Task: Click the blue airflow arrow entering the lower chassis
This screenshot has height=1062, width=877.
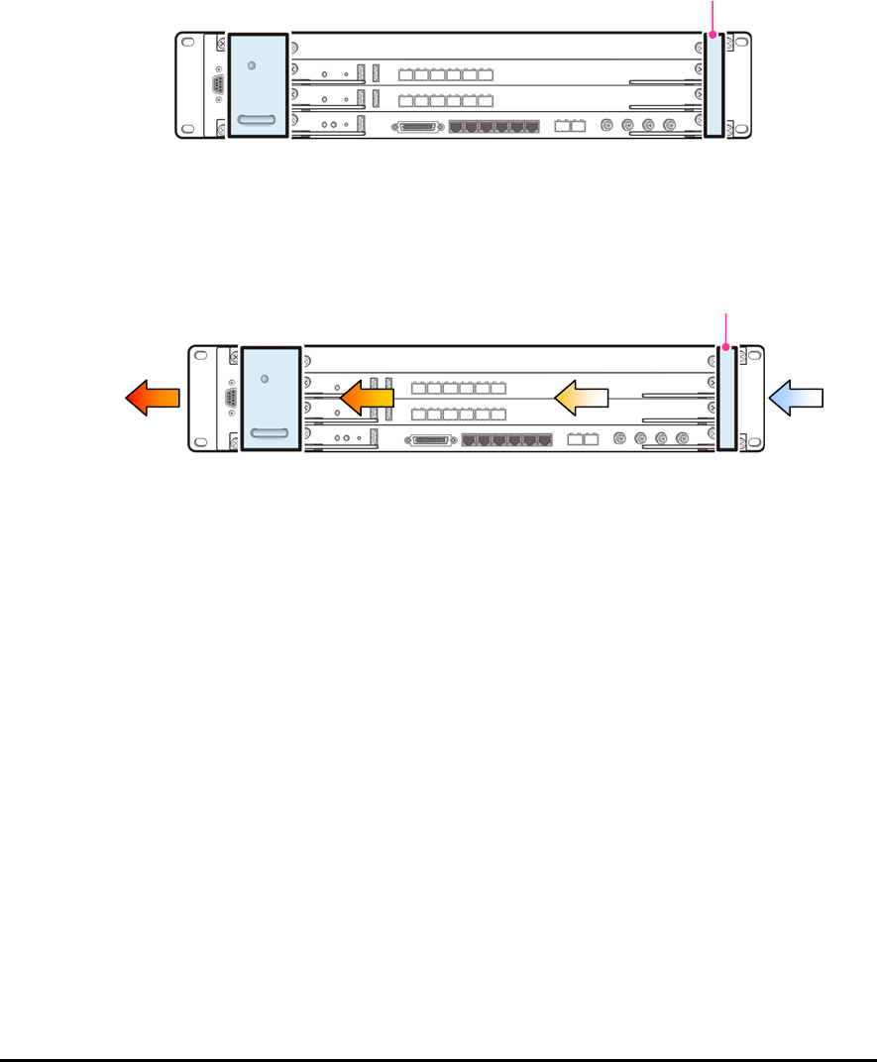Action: point(797,398)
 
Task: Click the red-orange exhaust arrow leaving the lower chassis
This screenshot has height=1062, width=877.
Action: point(153,398)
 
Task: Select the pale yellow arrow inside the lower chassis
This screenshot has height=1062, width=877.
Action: point(580,398)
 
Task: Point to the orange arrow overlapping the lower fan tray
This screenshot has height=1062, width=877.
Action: point(367,398)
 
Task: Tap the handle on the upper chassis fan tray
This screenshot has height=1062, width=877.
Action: point(258,122)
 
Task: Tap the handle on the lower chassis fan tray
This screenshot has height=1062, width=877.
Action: point(272,434)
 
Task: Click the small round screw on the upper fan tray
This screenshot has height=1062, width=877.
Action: point(252,65)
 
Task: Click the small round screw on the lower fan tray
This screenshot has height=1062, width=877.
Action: point(266,379)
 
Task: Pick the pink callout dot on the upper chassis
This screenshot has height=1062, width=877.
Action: point(713,36)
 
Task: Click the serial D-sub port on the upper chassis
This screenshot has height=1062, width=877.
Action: point(217,84)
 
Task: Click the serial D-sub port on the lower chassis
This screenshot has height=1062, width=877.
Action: point(231,399)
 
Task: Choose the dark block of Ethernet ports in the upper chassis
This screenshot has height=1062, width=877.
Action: point(494,127)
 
